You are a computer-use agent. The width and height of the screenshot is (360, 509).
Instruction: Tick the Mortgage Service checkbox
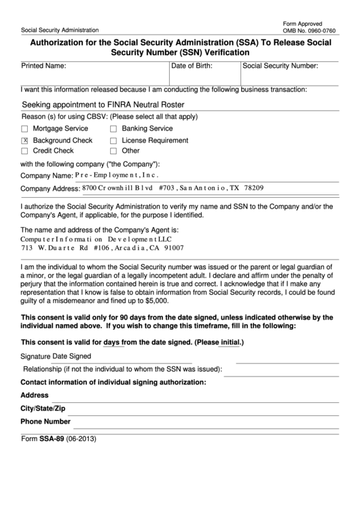click(x=25, y=129)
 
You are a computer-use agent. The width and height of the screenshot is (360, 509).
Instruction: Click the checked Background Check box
click(x=25, y=141)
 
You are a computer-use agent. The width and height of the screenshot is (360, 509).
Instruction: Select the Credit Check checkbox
click(x=25, y=152)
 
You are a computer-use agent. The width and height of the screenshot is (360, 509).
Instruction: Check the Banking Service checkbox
click(x=113, y=129)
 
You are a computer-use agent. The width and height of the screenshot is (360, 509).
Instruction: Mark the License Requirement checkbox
click(x=113, y=141)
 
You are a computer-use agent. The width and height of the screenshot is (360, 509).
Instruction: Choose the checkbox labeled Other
click(x=113, y=152)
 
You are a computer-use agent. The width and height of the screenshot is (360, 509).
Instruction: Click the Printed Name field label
click(x=43, y=66)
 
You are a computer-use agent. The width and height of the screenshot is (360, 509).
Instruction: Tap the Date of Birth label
click(x=192, y=66)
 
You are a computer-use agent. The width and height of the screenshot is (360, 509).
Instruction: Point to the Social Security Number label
click(x=280, y=66)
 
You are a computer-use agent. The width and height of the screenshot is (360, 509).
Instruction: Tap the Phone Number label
click(x=46, y=421)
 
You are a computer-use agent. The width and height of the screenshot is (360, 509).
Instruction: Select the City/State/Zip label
click(x=43, y=408)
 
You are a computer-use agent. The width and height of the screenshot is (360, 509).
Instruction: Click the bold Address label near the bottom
click(x=35, y=395)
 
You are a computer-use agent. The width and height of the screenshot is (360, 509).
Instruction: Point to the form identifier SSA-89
click(x=52, y=438)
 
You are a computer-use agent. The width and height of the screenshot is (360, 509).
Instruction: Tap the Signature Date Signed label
click(x=56, y=355)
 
